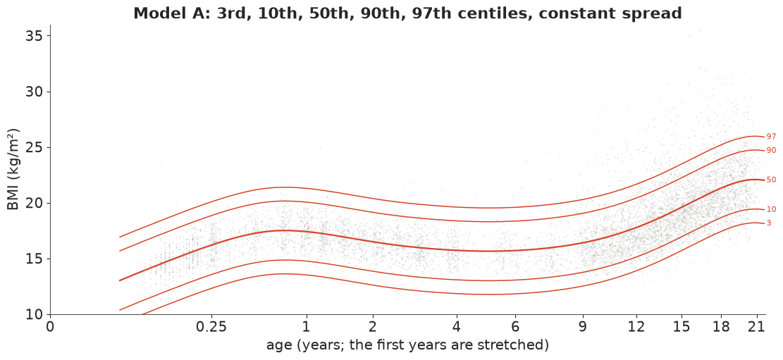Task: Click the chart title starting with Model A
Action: point(407,13)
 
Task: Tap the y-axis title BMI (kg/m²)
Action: point(13,169)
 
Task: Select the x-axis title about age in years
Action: point(407,345)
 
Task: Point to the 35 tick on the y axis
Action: point(36,37)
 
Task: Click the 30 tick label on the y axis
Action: point(36,92)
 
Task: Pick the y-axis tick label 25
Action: point(36,148)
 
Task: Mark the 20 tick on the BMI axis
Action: point(36,204)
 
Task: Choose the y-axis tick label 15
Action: point(36,259)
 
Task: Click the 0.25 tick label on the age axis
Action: point(211,327)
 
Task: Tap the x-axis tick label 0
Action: point(50,327)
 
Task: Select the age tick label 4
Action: point(457,327)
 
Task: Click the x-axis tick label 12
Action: point(636,327)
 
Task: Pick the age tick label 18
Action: point(720,327)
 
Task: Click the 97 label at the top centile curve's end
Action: point(772,136)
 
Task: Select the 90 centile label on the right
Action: point(772,150)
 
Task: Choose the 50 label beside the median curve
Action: point(772,180)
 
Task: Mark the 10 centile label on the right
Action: point(772,209)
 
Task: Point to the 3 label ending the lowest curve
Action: point(769,223)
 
